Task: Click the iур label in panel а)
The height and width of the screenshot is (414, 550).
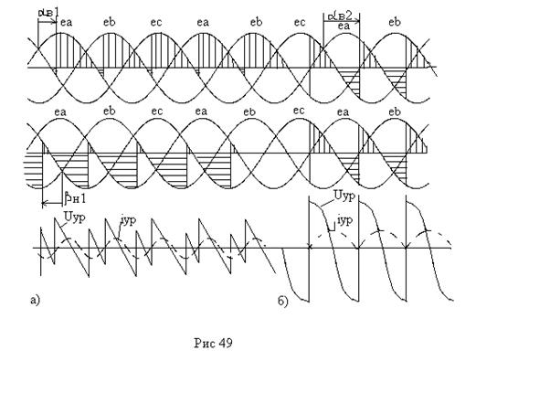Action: pyautogui.click(x=127, y=219)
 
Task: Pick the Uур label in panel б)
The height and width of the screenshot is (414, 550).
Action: pyautogui.click(x=344, y=196)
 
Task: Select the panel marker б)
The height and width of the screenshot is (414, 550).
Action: pyautogui.click(x=284, y=300)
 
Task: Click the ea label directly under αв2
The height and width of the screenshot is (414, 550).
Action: pyautogui.click(x=343, y=28)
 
